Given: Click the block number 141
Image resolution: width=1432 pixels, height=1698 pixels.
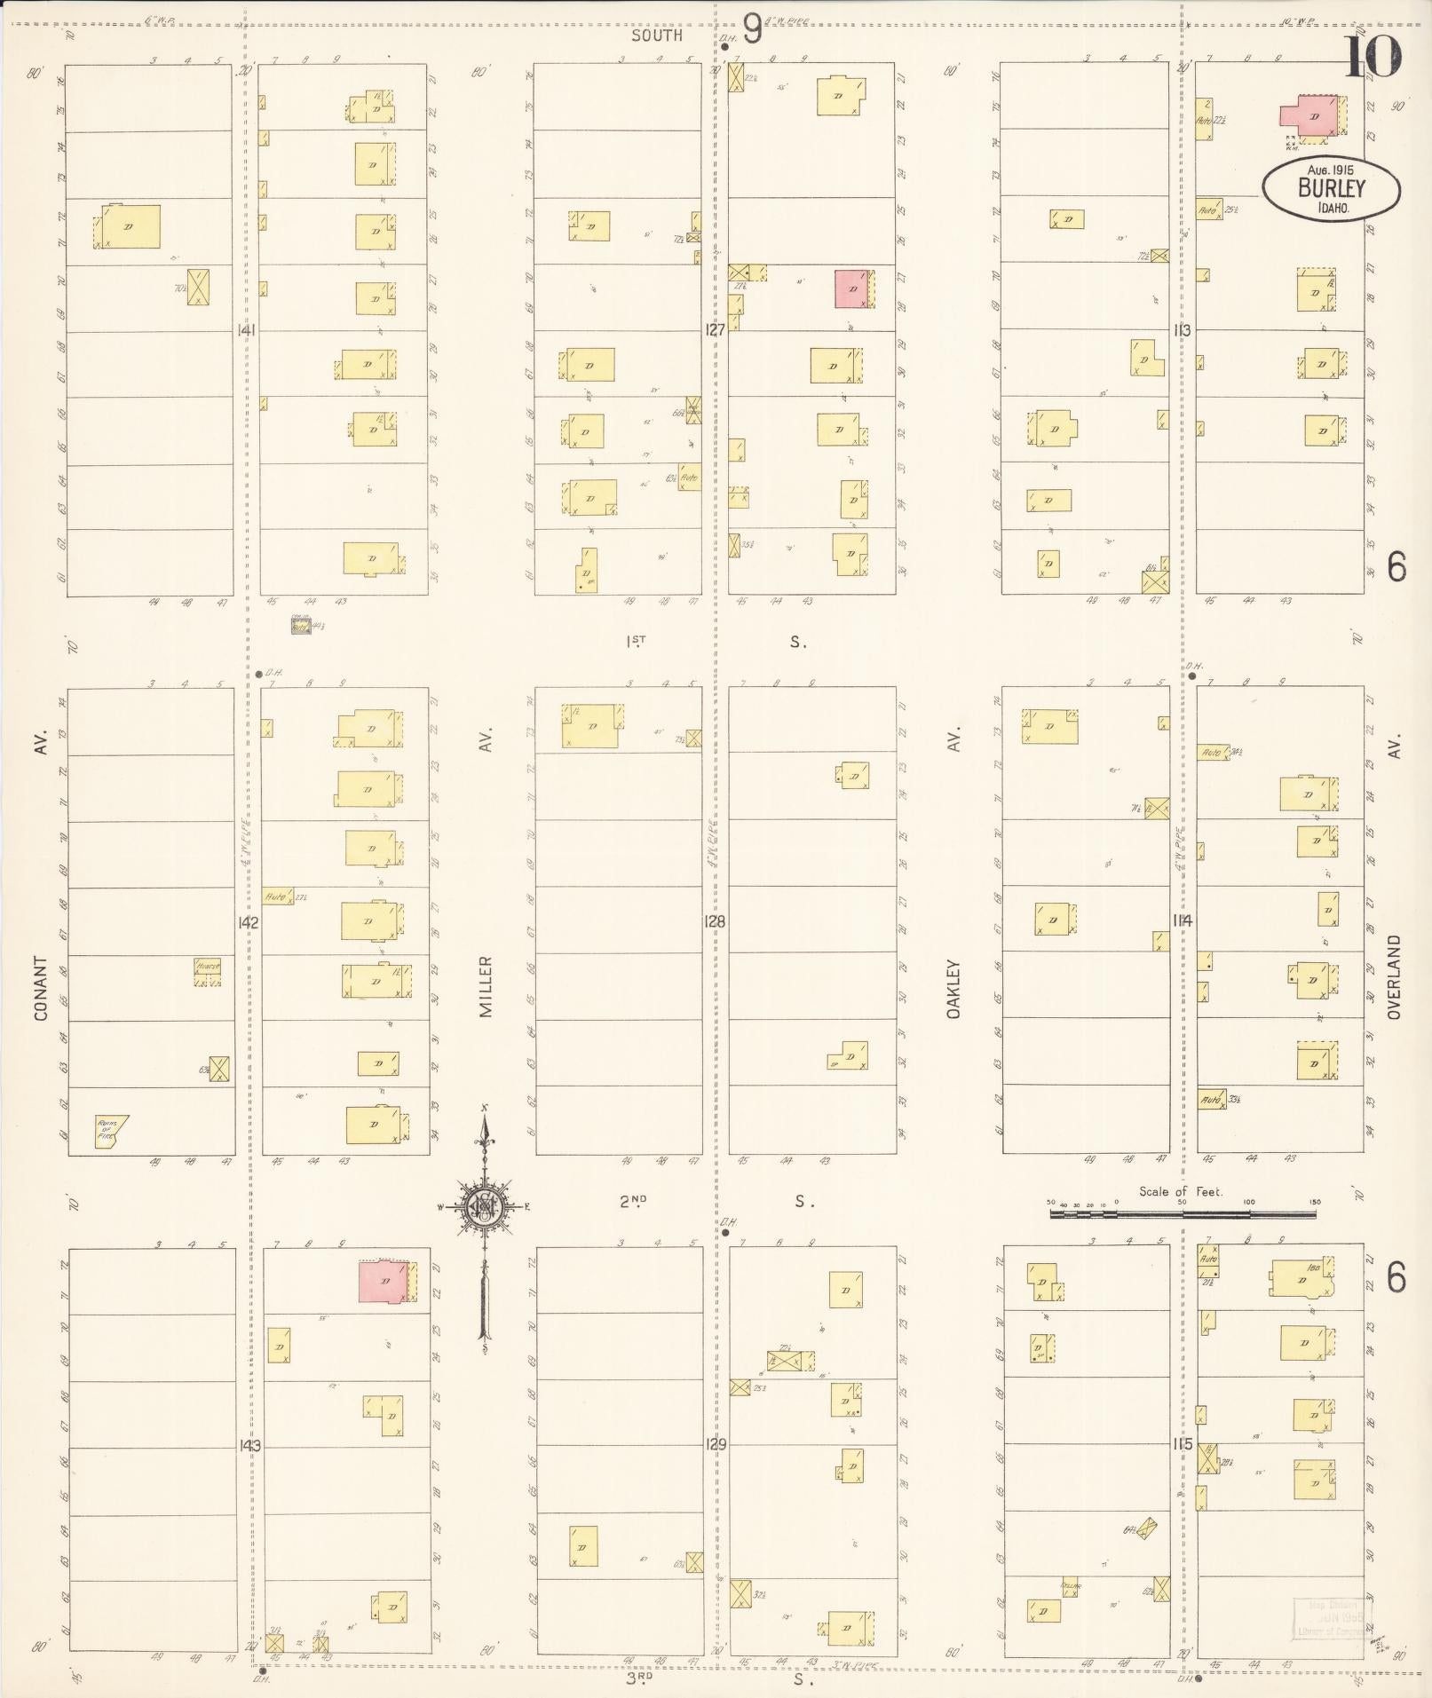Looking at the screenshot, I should (247, 330).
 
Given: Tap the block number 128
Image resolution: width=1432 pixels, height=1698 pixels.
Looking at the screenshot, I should (715, 921).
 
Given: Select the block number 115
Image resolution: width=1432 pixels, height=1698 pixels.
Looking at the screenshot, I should (1183, 1444).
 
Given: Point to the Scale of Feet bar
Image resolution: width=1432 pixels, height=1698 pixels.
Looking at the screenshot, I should (1183, 1212).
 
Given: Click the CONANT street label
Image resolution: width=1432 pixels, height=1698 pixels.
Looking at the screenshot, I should (40, 987).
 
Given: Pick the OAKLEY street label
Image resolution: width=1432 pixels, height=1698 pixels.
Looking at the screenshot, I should (954, 987).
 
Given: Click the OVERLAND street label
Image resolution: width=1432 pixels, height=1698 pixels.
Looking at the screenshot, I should (1394, 976).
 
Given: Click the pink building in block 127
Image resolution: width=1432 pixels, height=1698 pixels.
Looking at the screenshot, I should (852, 289).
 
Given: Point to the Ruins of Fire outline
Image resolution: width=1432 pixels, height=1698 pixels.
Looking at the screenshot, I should (110, 1132).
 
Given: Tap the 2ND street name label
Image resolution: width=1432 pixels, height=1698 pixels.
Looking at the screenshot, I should (633, 1201).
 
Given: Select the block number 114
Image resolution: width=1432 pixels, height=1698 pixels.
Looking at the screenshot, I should (1183, 920).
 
